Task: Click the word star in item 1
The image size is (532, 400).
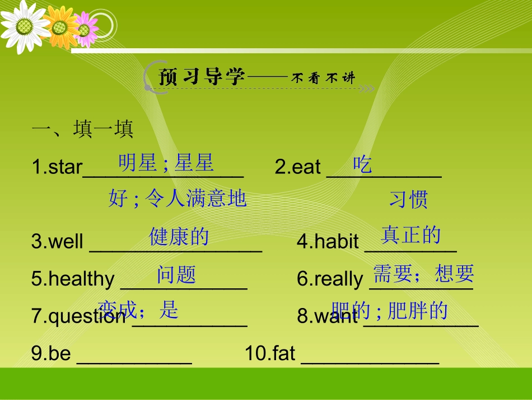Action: click(66, 167)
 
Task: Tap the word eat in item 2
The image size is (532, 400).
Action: click(306, 167)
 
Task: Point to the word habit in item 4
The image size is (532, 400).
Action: click(337, 242)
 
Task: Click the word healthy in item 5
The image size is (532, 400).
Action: click(81, 279)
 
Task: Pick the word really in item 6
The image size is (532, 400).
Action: click(339, 279)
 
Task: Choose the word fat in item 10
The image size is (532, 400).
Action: click(284, 353)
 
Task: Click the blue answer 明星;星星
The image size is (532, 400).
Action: click(166, 163)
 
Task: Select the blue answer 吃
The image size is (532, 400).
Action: click(362, 164)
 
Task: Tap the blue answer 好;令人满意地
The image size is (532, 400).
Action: click(177, 198)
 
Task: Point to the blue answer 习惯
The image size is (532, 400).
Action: click(408, 199)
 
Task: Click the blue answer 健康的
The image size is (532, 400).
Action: click(179, 236)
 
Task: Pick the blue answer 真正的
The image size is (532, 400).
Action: click(410, 235)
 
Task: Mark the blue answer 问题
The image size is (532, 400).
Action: click(176, 275)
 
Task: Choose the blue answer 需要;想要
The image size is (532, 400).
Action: click(423, 273)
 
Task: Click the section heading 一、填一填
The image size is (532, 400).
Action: click(82, 130)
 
